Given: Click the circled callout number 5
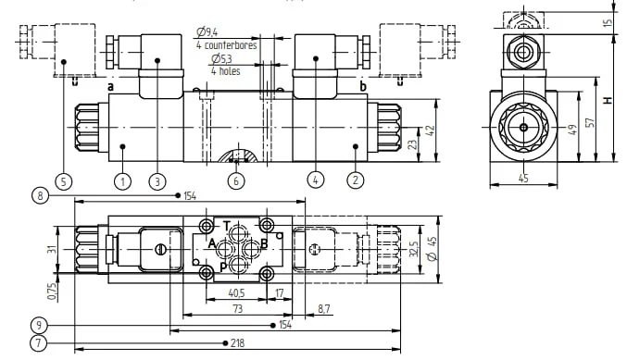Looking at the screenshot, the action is (x=63, y=182).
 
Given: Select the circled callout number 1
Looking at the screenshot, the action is (x=122, y=181).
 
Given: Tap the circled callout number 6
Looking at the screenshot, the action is (x=236, y=181).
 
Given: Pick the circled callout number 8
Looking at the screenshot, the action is (x=40, y=196).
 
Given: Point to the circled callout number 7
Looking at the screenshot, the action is (x=38, y=343).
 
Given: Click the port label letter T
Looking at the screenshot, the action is (x=226, y=226).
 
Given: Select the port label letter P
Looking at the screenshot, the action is (x=223, y=267).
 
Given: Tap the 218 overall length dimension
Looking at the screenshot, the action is (x=237, y=343).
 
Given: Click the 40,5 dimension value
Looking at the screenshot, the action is (x=236, y=293).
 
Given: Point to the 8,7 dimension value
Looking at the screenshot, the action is (x=324, y=309).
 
